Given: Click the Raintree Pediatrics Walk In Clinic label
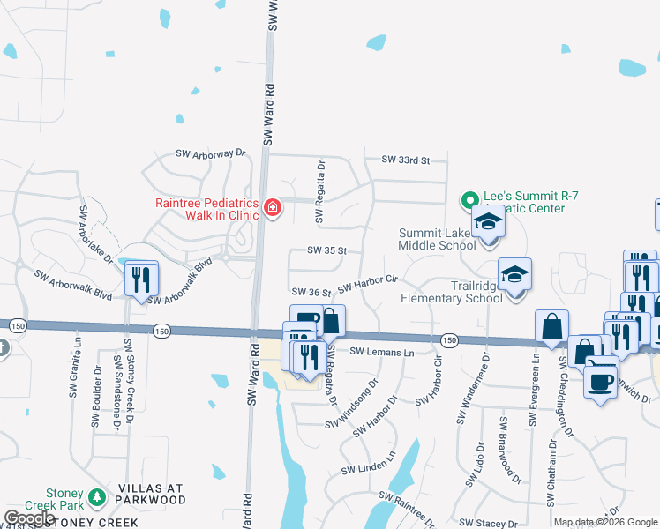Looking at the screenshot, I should pyautogui.click(x=207, y=208).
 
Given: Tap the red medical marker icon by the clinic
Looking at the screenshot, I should pyautogui.click(x=273, y=208).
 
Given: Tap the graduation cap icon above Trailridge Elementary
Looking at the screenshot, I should pyautogui.click(x=514, y=275).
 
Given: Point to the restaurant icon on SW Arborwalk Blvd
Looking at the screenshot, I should pyautogui.click(x=141, y=280).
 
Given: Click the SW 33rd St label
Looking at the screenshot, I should pyautogui.click(x=405, y=160).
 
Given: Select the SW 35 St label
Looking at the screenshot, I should pyautogui.click(x=327, y=250).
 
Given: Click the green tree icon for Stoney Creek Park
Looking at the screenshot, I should pyautogui.click(x=96, y=497).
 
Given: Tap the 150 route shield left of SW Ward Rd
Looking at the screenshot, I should pyautogui.click(x=161, y=332).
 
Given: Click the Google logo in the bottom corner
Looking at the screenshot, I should pyautogui.click(x=30, y=519).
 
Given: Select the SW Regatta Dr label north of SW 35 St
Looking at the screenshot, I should pyautogui.click(x=321, y=179).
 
